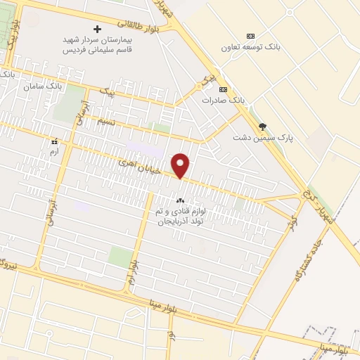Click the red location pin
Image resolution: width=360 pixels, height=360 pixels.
pos(181,166)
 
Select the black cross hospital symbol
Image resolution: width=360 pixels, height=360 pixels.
pos(97,29)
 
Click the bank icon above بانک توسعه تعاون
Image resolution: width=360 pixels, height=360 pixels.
pos(250,36)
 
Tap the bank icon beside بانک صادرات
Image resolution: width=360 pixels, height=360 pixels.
pos(224,89)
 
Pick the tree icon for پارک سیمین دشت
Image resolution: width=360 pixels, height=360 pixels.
pos(262,127)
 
